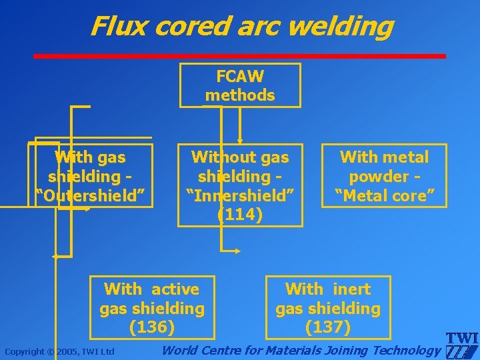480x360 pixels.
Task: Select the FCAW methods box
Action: point(240,85)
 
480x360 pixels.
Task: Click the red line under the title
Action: point(240,56)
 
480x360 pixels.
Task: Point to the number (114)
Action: point(240,215)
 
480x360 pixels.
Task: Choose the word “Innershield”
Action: point(240,196)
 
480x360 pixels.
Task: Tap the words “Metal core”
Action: point(385,196)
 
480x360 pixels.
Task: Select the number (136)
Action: point(152,327)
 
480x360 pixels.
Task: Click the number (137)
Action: point(327,327)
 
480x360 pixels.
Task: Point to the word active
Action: point(175,289)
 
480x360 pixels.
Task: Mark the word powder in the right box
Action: point(379,177)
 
